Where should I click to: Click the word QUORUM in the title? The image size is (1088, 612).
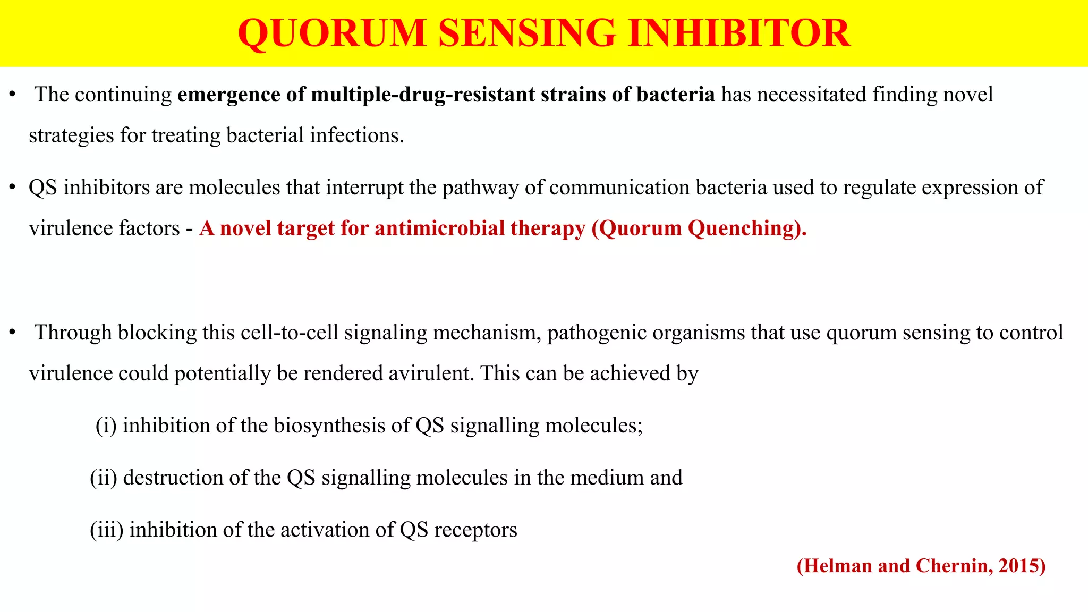click(332, 33)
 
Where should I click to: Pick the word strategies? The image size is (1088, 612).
click(72, 135)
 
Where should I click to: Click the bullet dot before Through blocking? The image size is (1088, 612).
click(12, 333)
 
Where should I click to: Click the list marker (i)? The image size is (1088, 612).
click(106, 426)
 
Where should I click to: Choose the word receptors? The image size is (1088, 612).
click(475, 530)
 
